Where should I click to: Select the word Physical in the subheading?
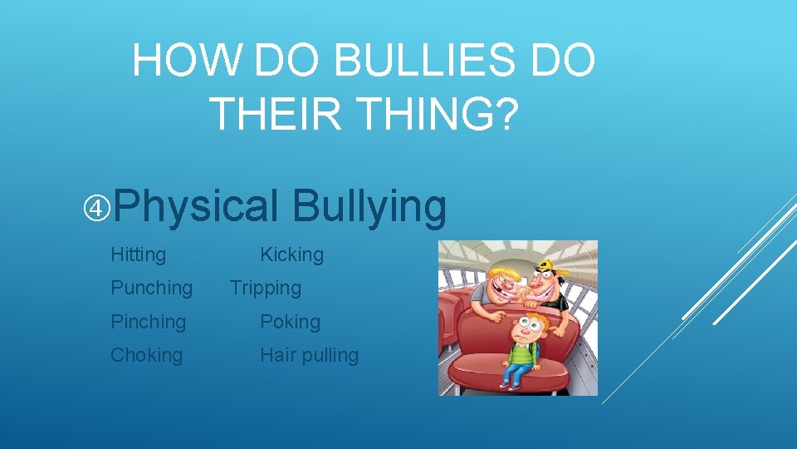(197, 207)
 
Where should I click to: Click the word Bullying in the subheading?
(369, 207)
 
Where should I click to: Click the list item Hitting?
(138, 254)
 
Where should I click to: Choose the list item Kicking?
(291, 254)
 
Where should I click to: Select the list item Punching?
(151, 288)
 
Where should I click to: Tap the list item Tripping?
(265, 288)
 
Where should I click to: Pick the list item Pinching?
(148, 322)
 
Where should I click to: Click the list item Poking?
(290, 322)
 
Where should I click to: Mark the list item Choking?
(146, 355)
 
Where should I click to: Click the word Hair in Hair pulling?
(277, 355)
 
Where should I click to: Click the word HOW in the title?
(186, 61)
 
